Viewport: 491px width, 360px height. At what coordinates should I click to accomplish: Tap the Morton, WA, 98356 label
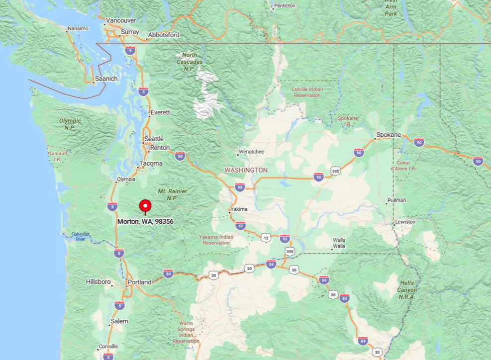click(145, 222)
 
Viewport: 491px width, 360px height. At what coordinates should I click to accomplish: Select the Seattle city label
click(154, 139)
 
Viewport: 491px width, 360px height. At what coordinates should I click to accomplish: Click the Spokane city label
click(389, 135)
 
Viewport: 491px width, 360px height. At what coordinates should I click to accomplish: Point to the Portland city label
click(139, 282)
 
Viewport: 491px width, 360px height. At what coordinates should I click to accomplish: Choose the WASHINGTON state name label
click(246, 170)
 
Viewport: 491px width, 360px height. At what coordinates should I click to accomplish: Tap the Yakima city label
click(239, 209)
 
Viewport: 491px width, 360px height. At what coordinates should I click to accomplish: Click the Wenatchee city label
click(251, 152)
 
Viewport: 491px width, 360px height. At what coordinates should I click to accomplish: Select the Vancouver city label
click(121, 20)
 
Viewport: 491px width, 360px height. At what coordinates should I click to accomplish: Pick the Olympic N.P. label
click(70, 124)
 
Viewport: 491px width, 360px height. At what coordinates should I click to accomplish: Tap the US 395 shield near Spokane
click(336, 171)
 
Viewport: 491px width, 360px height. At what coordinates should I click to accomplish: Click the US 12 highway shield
click(266, 238)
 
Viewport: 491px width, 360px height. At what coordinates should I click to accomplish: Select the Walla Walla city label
click(339, 243)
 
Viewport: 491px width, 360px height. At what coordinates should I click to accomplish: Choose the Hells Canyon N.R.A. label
click(407, 290)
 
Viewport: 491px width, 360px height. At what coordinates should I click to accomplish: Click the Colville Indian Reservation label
click(307, 92)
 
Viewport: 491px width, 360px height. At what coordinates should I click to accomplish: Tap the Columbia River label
click(81, 236)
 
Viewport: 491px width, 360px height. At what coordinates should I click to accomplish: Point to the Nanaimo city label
click(78, 28)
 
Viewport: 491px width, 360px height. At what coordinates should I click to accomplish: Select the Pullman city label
click(396, 200)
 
